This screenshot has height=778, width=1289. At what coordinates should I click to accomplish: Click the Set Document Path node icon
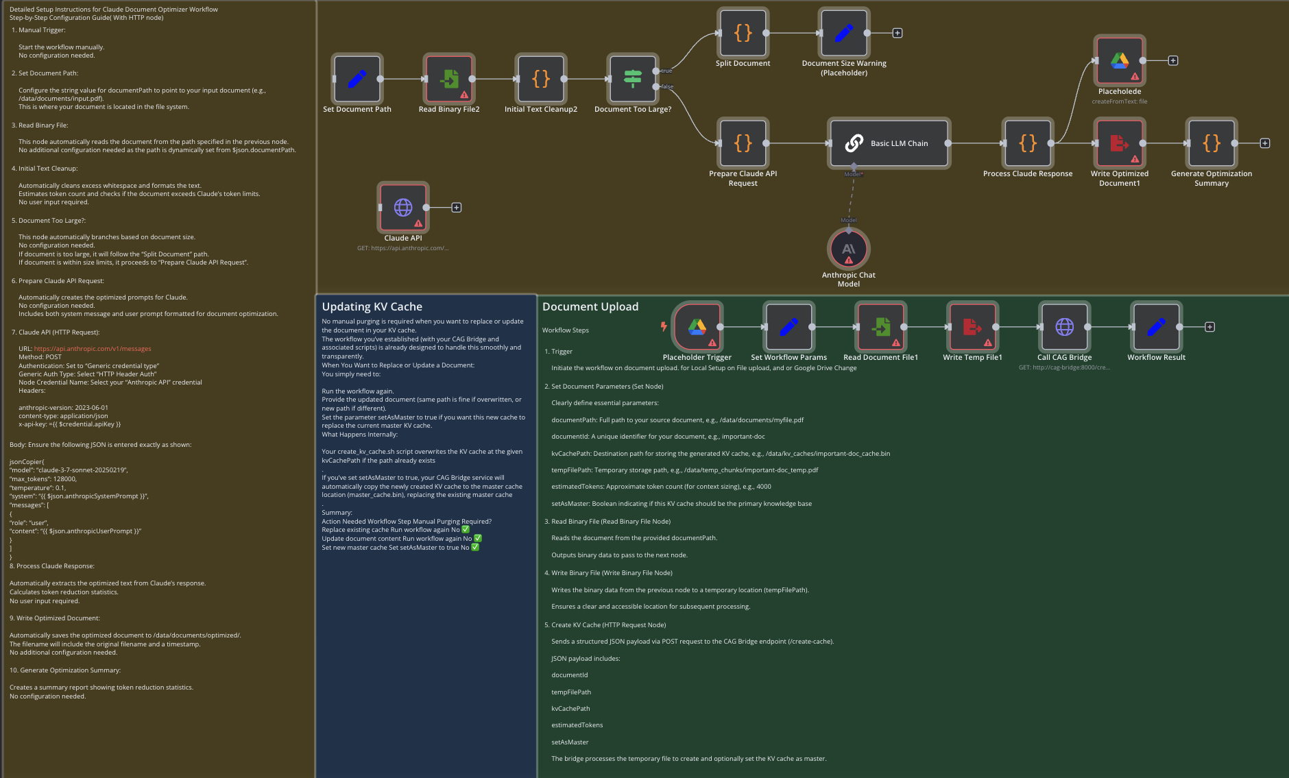point(357,79)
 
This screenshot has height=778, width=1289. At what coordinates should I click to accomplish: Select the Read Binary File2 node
point(449,79)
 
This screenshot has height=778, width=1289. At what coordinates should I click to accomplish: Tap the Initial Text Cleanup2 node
point(541,79)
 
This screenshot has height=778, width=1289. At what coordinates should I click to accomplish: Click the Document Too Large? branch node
point(633,79)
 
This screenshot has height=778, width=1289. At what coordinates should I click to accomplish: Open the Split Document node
point(743,33)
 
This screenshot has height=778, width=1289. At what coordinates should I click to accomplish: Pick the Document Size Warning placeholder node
point(844,33)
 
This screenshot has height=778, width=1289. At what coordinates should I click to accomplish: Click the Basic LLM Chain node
point(889,143)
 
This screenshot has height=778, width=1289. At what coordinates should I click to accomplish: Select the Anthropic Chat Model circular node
point(849,249)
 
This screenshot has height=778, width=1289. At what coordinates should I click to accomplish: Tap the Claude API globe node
point(403,207)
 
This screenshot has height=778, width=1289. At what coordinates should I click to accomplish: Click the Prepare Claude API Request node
point(743,143)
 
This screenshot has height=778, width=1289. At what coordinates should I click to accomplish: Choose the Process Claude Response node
point(1028,143)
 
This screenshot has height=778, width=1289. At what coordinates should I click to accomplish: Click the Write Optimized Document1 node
point(1120,143)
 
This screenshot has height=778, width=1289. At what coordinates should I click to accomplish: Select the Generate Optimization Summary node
point(1212,143)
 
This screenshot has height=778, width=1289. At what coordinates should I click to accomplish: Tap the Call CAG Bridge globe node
point(1064,327)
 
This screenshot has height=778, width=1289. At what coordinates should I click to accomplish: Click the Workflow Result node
point(1156,327)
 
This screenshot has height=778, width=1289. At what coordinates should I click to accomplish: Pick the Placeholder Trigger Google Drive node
point(697,327)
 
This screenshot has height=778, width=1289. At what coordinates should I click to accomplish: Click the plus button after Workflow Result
point(1210,327)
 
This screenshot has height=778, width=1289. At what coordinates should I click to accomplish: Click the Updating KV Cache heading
point(372,307)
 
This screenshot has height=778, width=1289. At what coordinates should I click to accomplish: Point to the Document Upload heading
point(590,307)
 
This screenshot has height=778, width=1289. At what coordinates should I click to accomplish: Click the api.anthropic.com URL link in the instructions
point(93,349)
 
